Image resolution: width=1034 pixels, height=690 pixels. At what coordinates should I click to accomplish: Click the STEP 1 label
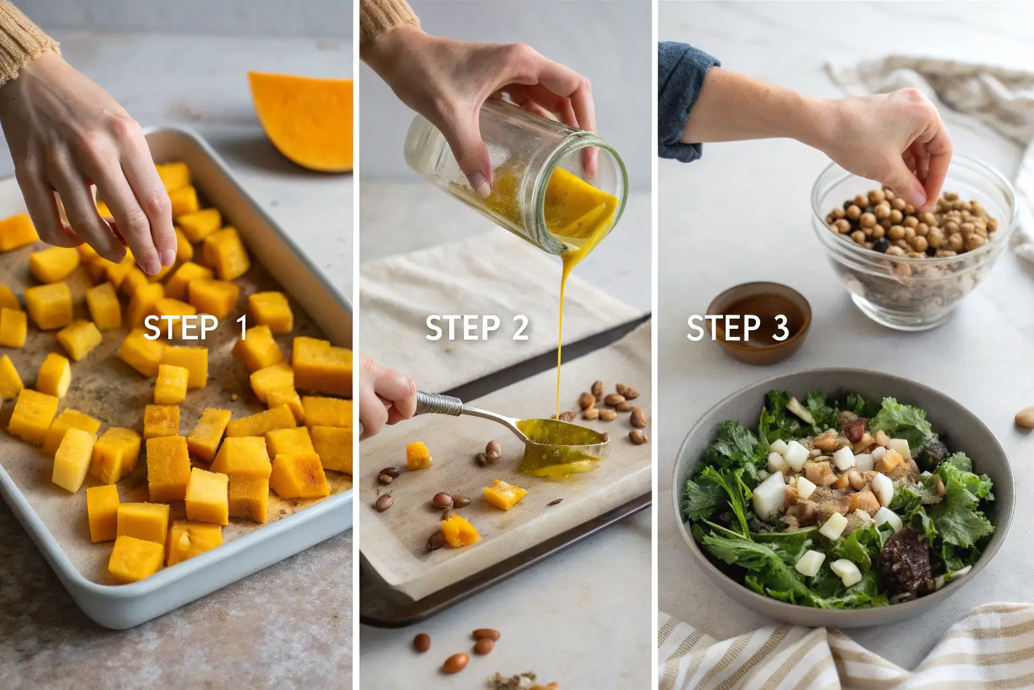(195, 327)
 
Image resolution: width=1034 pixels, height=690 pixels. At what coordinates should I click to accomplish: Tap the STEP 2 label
(477, 327)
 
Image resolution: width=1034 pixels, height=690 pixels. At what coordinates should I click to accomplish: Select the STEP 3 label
(738, 327)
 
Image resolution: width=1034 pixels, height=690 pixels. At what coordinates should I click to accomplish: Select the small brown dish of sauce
(759, 322)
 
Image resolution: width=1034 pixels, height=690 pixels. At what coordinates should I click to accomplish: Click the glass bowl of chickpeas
(914, 245)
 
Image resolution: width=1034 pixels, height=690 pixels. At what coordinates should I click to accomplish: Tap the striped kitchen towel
(845, 652)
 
